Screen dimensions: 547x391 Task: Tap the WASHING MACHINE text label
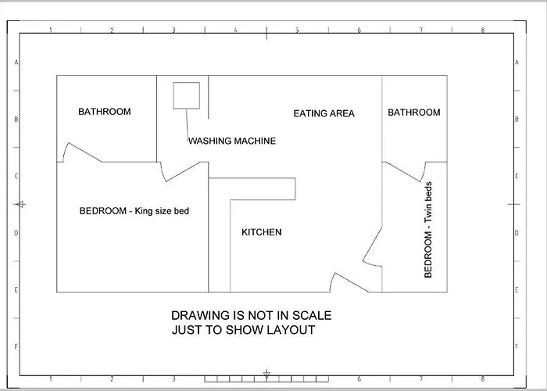click(232, 141)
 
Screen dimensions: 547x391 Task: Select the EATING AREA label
click(324, 113)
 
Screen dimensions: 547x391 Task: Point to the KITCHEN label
click(262, 232)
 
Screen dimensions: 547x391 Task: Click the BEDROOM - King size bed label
click(134, 211)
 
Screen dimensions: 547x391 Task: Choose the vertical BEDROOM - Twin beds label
click(428, 230)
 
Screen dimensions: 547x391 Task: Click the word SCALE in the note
click(312, 316)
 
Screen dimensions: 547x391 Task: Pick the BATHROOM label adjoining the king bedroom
click(105, 112)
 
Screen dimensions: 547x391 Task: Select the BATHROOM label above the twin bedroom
click(414, 113)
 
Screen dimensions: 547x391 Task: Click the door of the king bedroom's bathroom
click(84, 152)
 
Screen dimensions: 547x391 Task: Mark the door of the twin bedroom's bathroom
click(403, 171)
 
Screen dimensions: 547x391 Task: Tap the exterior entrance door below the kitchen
click(352, 282)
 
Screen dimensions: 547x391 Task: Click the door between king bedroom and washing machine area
click(182, 171)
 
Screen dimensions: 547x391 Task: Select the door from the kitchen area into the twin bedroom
click(373, 245)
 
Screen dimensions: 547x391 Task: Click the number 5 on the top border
click(297, 30)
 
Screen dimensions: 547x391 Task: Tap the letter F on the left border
click(16, 346)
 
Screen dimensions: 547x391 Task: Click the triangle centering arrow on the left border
click(20, 204)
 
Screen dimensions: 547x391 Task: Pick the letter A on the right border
click(517, 63)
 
